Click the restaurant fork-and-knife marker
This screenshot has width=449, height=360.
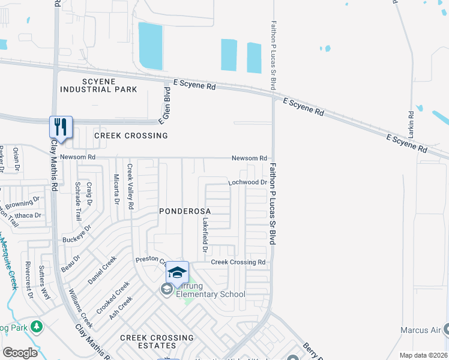coord(61,127)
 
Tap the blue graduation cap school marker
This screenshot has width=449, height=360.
coord(178,272)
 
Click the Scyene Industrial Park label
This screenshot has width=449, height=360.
coord(98,85)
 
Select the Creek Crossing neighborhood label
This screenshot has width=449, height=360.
coord(131,136)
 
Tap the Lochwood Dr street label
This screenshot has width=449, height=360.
coord(247,182)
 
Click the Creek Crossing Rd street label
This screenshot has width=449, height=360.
coord(238,262)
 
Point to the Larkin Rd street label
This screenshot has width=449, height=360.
coord(411,122)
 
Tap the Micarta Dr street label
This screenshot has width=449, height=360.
coord(116,188)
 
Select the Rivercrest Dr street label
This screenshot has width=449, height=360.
coord(29,280)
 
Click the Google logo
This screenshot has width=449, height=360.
coord(20,353)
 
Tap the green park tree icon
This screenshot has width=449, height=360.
coord(37,326)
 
